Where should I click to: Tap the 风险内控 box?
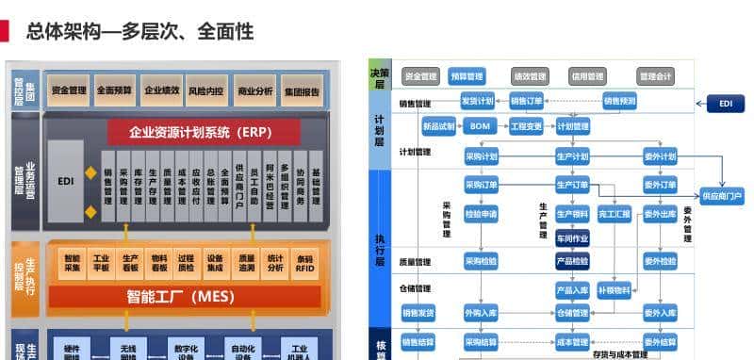(x=205, y=90)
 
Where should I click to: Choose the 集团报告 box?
(x=302, y=90)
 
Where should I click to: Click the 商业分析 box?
(x=254, y=90)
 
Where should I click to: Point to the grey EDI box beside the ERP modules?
(x=66, y=180)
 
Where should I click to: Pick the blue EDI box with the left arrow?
(x=725, y=103)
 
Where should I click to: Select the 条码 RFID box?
(x=304, y=262)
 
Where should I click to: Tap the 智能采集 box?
(x=73, y=262)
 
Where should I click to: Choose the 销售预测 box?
(x=619, y=100)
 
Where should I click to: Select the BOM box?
(x=480, y=125)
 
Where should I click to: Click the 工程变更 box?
(x=526, y=125)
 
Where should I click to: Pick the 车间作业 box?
(x=572, y=237)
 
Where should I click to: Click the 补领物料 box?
(x=614, y=290)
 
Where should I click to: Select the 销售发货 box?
(x=418, y=312)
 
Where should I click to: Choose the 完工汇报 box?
(x=614, y=214)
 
